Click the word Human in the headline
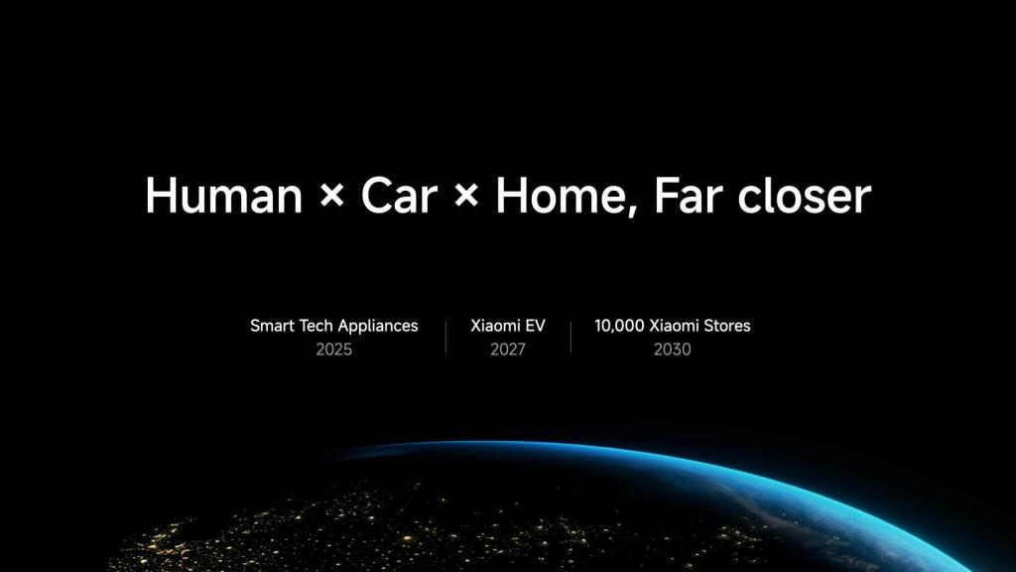[223, 197]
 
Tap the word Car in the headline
[399, 197]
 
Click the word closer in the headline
[804, 197]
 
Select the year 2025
[334, 350]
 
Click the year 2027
[508, 350]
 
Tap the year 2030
[673, 350]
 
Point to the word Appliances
[378, 327]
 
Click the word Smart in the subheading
[272, 326]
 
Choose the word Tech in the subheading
[317, 326]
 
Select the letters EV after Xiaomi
[535, 326]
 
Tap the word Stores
[726, 326]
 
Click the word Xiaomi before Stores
[675, 326]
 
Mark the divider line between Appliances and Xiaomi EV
[445, 337]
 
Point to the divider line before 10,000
[571, 337]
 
